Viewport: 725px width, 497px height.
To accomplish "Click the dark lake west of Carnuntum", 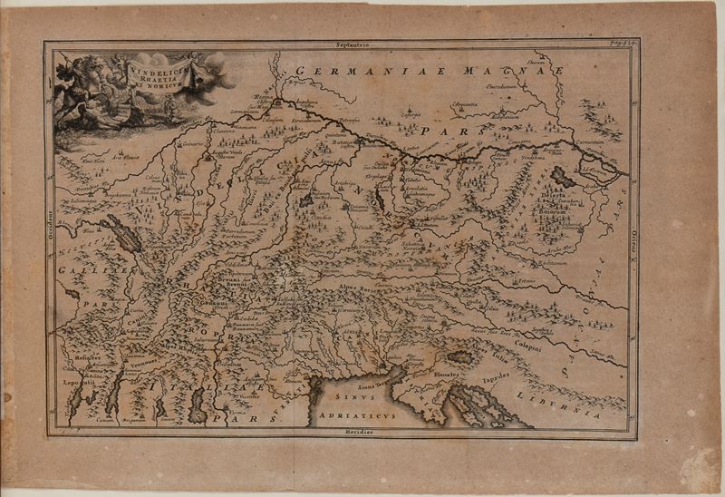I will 563,175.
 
